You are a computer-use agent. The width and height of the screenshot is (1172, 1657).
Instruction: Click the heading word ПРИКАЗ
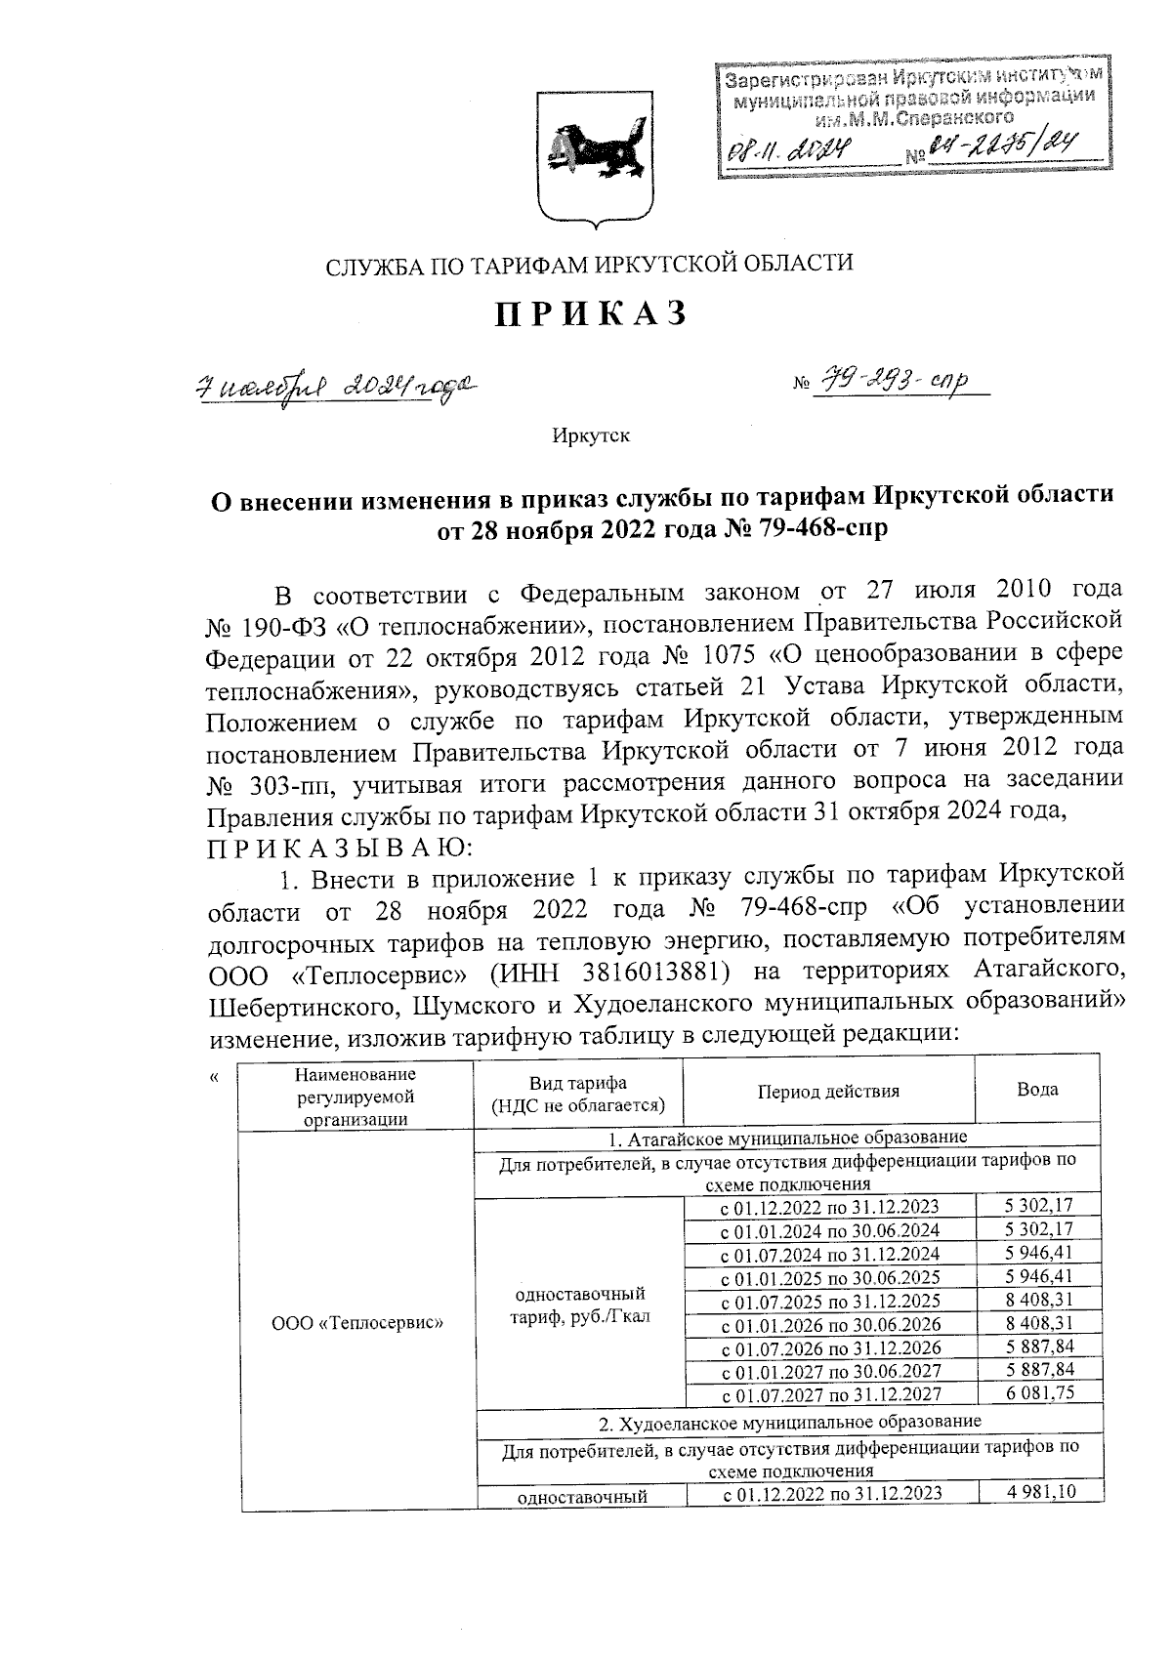point(590,312)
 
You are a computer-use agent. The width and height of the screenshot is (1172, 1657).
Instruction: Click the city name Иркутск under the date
point(591,435)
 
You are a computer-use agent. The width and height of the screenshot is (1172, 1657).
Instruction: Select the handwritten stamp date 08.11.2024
point(789,149)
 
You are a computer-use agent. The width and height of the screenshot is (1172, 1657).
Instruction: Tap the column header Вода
point(1036,1090)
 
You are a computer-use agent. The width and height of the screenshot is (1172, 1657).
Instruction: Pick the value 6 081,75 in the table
point(1039,1393)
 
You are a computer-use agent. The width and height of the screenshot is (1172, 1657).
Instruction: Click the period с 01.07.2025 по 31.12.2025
point(829,1301)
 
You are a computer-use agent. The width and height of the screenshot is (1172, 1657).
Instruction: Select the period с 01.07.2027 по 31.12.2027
point(829,1395)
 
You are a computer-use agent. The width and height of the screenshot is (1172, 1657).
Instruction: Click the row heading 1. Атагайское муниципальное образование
point(787,1139)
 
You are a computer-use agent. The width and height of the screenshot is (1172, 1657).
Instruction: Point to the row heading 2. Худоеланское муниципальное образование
point(787,1420)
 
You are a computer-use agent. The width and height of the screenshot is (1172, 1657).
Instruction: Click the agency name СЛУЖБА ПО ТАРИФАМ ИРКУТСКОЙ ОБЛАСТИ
point(589,264)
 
